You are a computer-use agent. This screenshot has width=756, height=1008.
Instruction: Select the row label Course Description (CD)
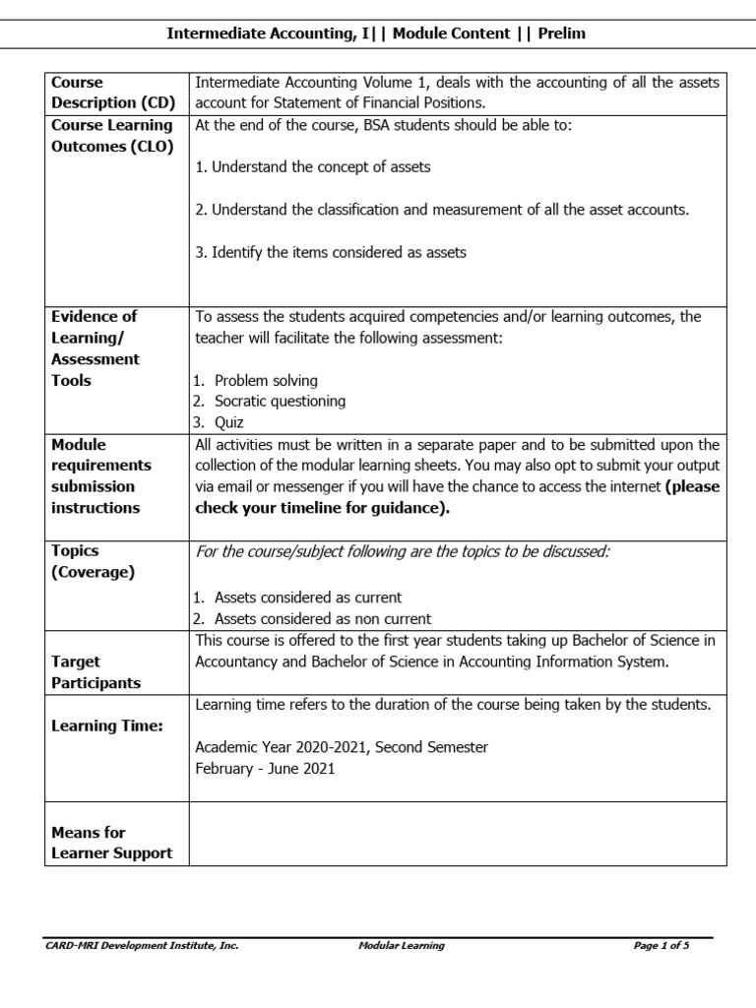(x=94, y=93)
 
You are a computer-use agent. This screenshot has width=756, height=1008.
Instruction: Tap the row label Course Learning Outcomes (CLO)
(x=111, y=136)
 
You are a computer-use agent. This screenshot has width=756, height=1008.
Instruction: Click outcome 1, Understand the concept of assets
(x=313, y=166)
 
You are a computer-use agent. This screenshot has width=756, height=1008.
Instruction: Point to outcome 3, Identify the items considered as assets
(x=331, y=252)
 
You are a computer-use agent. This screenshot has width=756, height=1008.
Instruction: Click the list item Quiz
(x=230, y=422)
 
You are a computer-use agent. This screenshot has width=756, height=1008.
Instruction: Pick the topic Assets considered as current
(x=307, y=598)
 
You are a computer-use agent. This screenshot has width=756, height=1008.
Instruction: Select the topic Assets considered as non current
(x=322, y=619)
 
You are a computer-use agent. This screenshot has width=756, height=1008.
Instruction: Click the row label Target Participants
(x=95, y=672)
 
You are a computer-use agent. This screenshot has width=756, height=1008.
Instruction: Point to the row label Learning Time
(x=107, y=725)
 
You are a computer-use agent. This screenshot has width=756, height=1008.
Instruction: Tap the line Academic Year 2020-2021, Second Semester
(x=342, y=747)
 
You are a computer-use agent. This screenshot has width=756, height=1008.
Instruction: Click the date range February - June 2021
(x=265, y=768)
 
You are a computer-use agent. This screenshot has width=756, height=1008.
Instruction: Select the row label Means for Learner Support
(x=111, y=842)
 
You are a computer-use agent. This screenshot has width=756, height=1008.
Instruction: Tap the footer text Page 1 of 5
(x=661, y=946)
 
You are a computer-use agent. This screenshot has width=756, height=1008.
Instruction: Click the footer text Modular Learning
(x=401, y=946)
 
